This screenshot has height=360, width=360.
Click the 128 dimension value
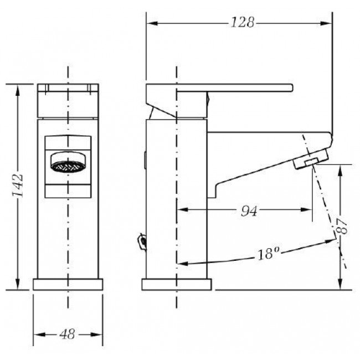(243, 22)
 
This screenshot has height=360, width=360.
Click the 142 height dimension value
(18, 186)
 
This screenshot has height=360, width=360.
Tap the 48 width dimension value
(67, 335)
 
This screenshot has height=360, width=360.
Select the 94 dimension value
(249, 210)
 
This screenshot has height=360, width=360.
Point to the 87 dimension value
(342, 226)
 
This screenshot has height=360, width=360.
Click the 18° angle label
(268, 254)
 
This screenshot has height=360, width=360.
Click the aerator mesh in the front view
(68, 167)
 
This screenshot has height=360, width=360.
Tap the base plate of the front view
(68, 285)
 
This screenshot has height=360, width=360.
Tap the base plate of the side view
(177, 285)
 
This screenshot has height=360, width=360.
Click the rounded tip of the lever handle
(291, 88)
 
